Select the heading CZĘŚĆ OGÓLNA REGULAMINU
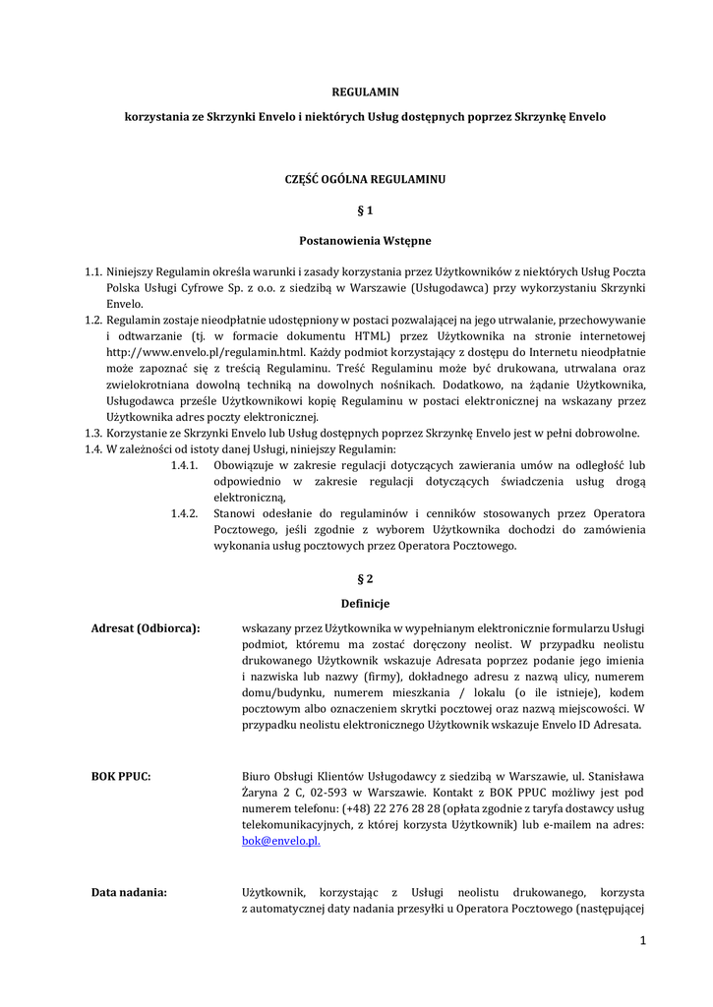365,180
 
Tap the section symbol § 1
365,209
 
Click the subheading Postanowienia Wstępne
365,240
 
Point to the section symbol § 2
365,577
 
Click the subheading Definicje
365,603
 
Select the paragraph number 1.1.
93,270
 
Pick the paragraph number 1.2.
93,321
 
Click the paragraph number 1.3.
93,434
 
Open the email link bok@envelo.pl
281,842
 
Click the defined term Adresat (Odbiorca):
146,628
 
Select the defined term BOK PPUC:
121,776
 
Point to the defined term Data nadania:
129,892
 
